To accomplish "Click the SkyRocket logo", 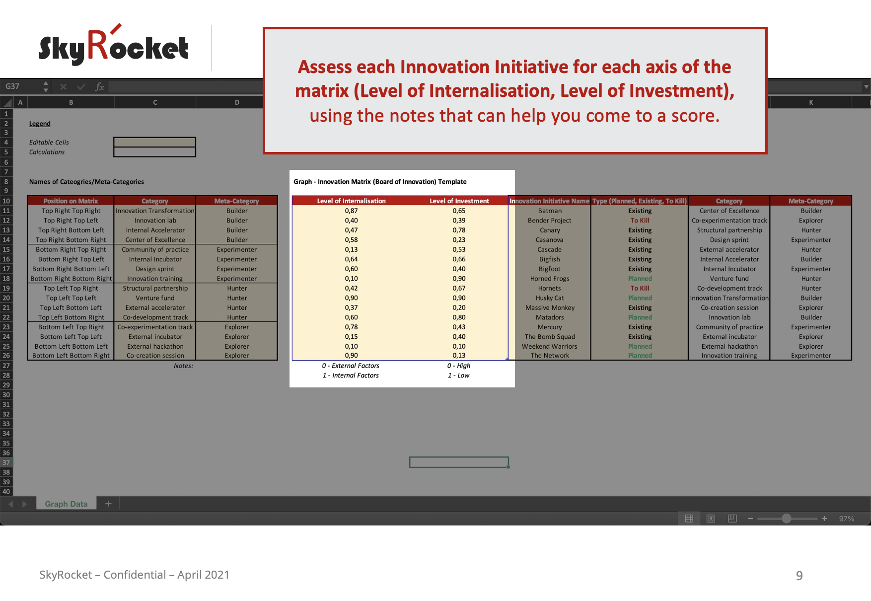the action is click(114, 45).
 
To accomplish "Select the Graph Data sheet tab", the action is click(66, 504).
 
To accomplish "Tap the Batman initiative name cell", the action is click(550, 211).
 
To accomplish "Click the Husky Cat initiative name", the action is click(550, 298).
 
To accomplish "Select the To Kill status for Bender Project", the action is click(640, 221).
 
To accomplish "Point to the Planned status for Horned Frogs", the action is click(640, 279).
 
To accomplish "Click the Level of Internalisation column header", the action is click(351, 201).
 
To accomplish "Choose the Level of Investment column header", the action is click(459, 201).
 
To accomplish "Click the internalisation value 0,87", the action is click(351, 211).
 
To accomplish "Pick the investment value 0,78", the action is click(459, 230).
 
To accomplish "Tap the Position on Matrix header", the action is click(71, 201).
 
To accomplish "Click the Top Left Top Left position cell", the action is click(71, 298).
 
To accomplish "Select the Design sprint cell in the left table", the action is click(155, 269).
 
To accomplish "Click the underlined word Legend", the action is click(40, 124).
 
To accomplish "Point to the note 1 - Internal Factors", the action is click(351, 376).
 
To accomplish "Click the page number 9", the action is click(799, 576).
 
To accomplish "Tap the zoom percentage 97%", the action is click(846, 519).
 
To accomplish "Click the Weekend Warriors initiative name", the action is click(549, 346).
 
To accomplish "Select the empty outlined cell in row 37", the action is click(459, 462).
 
